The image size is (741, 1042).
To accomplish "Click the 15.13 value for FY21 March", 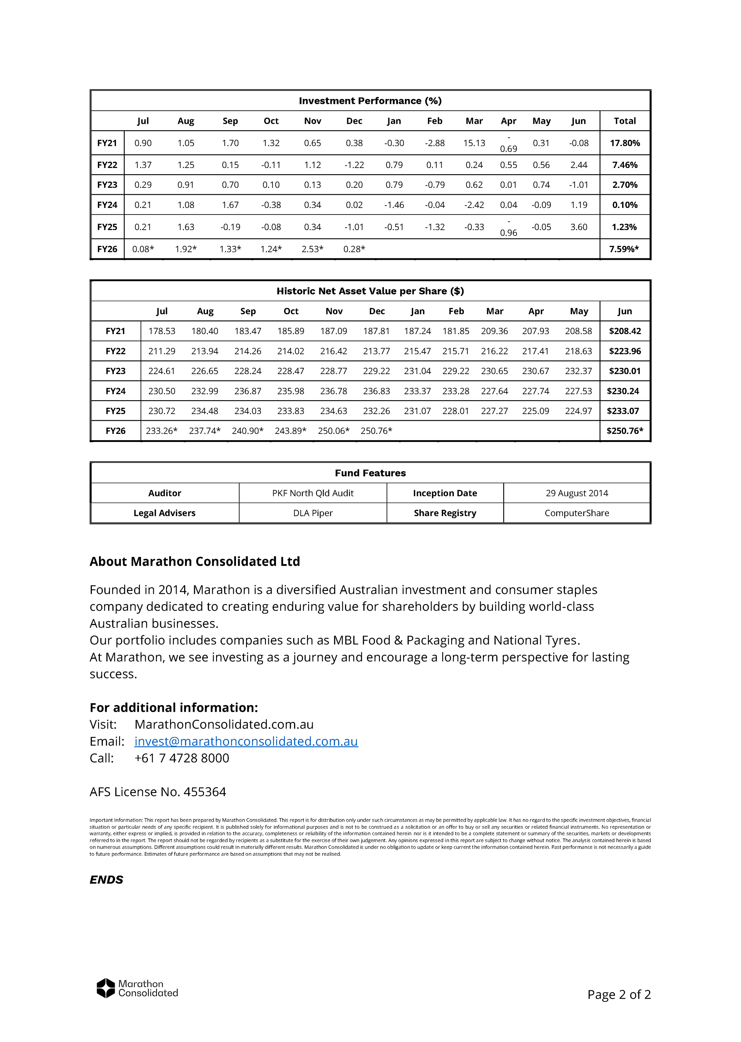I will tap(474, 143).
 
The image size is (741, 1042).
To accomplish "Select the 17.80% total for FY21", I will tap(625, 143).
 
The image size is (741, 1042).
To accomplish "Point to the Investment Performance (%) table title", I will tap(370, 101).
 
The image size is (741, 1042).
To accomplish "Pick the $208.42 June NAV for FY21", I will tap(625, 331).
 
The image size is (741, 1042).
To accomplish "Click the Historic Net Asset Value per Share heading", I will tap(370, 291).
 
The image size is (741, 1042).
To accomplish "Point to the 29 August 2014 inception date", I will tap(577, 493).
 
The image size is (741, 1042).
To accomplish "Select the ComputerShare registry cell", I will tap(577, 513).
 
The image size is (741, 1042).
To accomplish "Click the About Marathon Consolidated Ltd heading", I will tap(195, 561).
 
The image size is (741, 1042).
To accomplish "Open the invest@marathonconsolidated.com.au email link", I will tap(246, 741).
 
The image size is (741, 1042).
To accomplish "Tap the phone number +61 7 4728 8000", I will tap(182, 758).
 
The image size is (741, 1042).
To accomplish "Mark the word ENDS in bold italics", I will tap(106, 880).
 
